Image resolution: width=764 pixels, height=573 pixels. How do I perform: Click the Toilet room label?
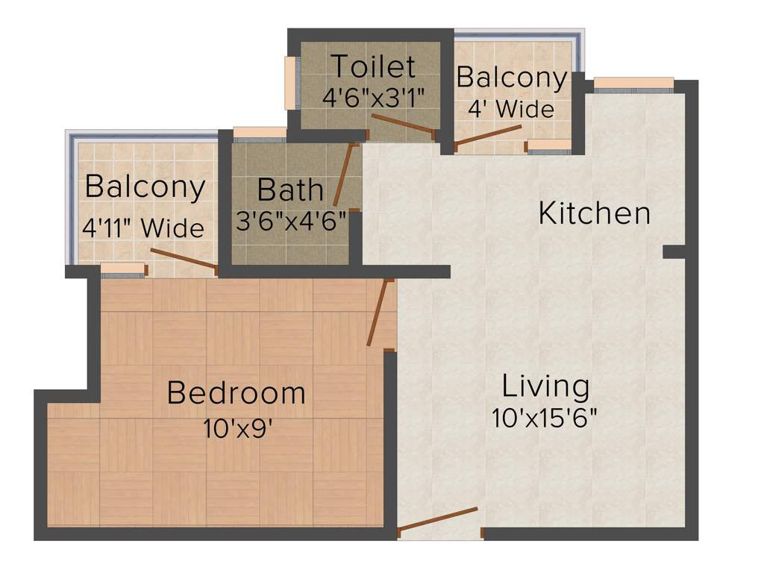(x=373, y=66)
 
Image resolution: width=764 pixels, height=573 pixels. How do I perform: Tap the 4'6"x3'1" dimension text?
(x=373, y=97)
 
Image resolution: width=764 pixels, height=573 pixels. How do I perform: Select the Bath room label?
(x=290, y=190)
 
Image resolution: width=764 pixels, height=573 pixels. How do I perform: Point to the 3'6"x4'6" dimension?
(x=292, y=221)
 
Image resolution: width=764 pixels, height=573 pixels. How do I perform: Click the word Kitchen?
(x=595, y=213)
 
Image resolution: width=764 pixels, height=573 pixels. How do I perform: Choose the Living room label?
(x=546, y=386)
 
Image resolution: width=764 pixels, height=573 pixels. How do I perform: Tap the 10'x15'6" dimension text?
(x=545, y=417)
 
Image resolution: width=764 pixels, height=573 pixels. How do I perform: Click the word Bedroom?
(x=236, y=392)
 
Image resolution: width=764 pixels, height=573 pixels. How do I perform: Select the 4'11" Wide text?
(x=143, y=228)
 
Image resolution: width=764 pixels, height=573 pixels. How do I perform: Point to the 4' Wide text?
(x=511, y=109)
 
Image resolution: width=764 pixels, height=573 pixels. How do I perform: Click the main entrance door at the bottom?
(x=438, y=520)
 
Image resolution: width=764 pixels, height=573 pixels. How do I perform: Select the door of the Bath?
(x=344, y=175)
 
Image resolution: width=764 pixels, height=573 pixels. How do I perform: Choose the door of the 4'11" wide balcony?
(x=184, y=257)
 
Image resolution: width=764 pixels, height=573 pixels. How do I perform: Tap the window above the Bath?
(x=260, y=134)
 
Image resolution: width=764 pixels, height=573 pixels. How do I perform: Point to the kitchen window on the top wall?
(x=633, y=84)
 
